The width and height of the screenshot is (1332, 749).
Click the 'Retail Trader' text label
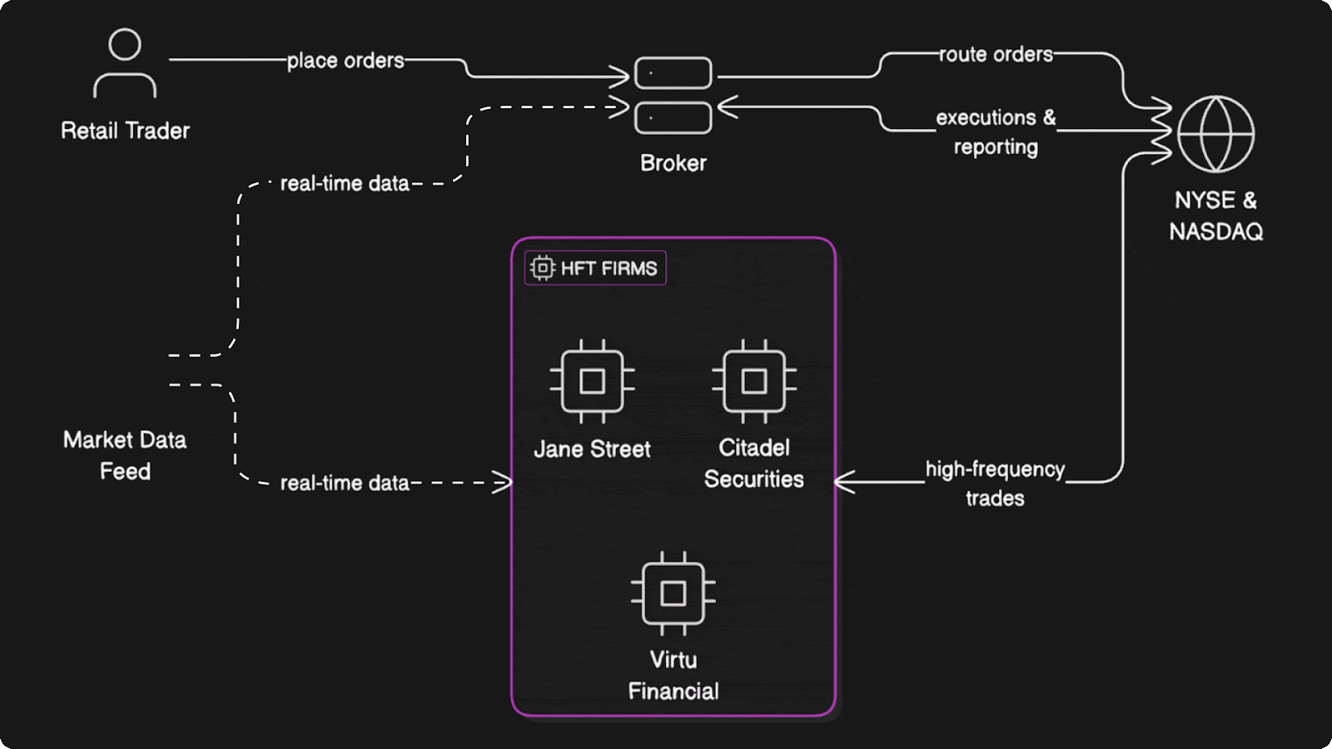coord(125,131)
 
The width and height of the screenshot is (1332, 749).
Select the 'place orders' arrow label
coord(345,61)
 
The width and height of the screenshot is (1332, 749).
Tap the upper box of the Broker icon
coord(673,73)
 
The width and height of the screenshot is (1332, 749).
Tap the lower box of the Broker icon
coord(673,118)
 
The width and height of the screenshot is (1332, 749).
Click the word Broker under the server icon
coord(673,163)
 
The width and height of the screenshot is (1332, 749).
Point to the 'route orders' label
coord(996,55)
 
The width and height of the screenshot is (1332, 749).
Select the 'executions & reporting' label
coord(996,131)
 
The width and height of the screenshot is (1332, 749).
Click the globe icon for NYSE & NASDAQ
coord(1215,134)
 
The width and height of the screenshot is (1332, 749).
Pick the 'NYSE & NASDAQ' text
coord(1215,216)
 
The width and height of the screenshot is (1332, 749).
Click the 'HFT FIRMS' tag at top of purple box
coord(595,268)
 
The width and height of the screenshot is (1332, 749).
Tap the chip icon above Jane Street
coord(592,381)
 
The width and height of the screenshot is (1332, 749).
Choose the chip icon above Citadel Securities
coord(753,381)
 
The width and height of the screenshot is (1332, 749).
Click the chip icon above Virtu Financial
coord(673,593)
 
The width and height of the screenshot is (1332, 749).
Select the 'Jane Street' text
coord(592,449)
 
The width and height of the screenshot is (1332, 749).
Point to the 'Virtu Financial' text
coord(673,675)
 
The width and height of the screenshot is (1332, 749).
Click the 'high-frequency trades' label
coord(995,484)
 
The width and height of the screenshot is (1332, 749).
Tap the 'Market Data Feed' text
coord(125,455)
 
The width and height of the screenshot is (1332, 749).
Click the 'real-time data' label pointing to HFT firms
coord(345,484)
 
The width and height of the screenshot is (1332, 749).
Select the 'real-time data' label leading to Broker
coord(345,184)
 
